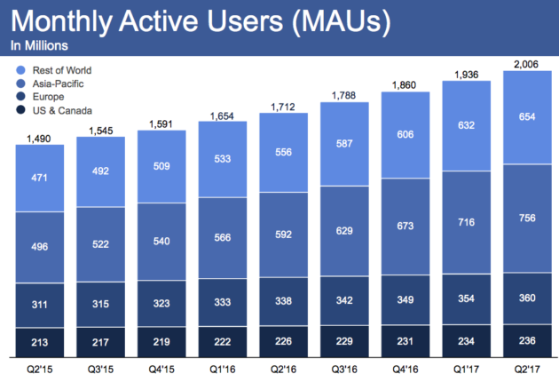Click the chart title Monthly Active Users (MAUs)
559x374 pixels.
click(x=201, y=21)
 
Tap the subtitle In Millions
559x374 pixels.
click(x=39, y=45)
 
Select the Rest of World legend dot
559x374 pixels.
click(x=21, y=70)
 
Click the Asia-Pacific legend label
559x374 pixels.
click(x=58, y=84)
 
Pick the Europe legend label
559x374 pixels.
click(x=48, y=97)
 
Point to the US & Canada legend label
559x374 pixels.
click(x=62, y=111)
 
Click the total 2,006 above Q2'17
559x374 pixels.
click(x=526, y=64)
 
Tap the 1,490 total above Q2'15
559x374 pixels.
click(x=39, y=139)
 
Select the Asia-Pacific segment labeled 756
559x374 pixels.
click(x=527, y=219)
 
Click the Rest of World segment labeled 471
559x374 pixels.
click(x=40, y=178)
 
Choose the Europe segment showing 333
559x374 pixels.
click(x=223, y=302)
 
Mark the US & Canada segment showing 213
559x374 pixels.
click(x=40, y=342)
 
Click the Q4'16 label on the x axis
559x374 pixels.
click(x=405, y=369)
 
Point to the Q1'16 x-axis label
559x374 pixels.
click(x=222, y=369)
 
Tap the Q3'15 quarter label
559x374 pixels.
click(x=100, y=369)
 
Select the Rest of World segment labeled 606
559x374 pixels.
click(x=405, y=135)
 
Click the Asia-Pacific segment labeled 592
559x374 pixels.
click(x=283, y=235)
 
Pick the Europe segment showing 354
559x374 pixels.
click(x=467, y=299)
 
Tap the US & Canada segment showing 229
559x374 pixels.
click(x=344, y=341)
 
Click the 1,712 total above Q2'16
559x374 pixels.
click(x=283, y=107)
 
